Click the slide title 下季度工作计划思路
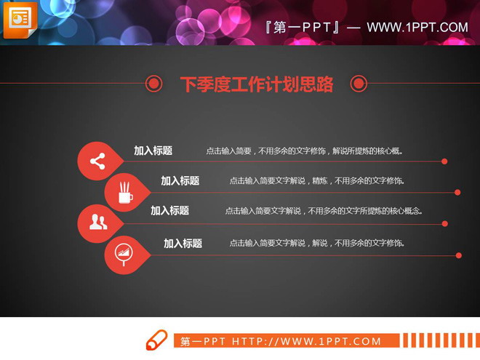[256, 84]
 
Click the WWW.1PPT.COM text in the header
[417, 28]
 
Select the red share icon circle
[97, 161]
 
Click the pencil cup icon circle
[124, 193]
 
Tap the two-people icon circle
[97, 223]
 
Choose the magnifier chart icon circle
[124, 254]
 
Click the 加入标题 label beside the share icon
[153, 151]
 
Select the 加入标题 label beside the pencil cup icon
[180, 181]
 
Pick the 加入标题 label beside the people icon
[169, 210]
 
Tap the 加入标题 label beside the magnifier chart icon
[183, 244]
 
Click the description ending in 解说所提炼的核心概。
[304, 151]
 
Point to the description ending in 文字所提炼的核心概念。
[324, 211]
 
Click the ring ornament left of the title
[153, 84]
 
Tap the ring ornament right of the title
[359, 84]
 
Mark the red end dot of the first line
[444, 161]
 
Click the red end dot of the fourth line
[459, 255]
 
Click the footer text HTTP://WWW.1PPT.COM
[306, 341]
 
